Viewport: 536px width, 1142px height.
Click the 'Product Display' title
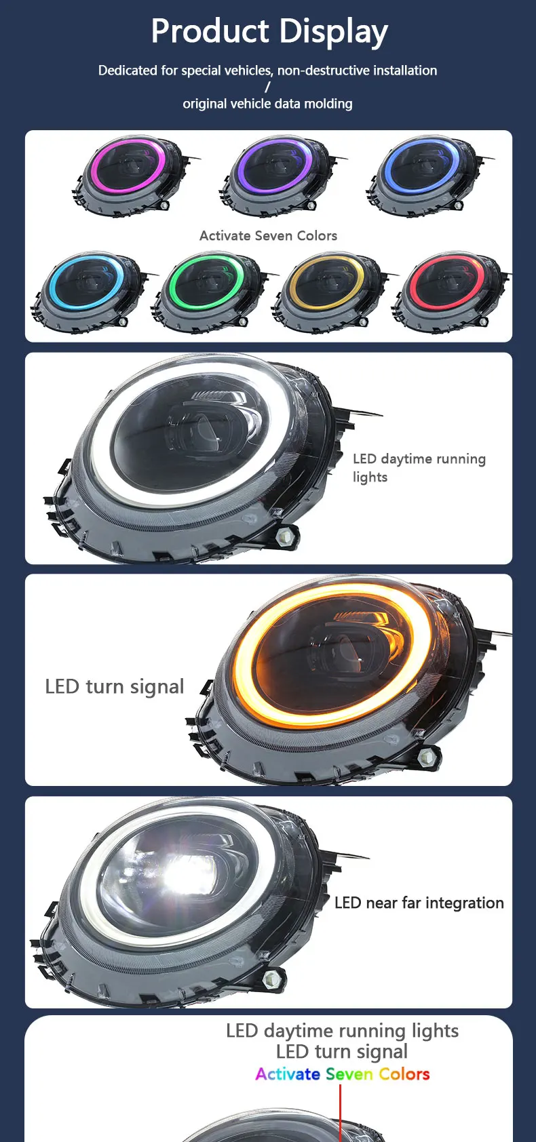point(269,31)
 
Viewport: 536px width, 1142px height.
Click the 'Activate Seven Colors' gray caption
point(268,236)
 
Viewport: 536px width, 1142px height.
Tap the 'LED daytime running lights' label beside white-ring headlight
point(419,467)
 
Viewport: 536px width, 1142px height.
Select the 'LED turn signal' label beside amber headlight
point(114,687)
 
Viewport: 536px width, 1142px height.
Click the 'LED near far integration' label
point(419,903)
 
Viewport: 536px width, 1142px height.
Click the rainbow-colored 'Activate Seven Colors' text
point(342,1074)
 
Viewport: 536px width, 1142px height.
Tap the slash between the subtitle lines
point(267,87)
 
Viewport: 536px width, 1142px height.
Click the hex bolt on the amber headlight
point(428,757)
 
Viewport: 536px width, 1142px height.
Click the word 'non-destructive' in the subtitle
point(318,71)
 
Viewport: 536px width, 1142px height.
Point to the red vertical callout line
point(340,1112)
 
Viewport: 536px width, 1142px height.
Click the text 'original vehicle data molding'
point(267,104)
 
